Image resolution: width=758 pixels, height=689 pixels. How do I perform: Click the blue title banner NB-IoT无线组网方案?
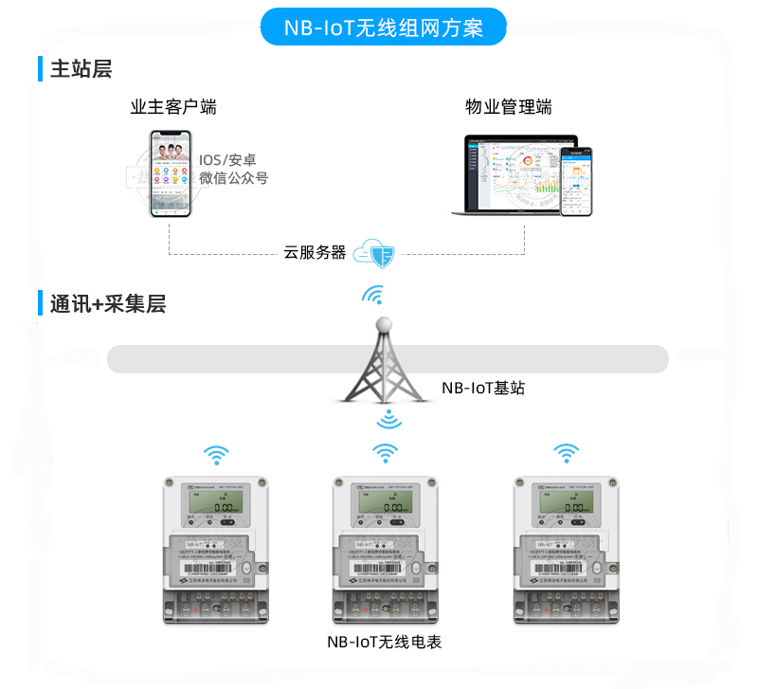384,27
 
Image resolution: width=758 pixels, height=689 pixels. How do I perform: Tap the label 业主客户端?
173,107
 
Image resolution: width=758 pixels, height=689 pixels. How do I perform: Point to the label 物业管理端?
509,107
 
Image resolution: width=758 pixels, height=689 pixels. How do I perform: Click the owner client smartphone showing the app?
171,174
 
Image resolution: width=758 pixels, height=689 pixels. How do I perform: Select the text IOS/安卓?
227,159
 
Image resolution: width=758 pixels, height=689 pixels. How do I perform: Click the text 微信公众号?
233,178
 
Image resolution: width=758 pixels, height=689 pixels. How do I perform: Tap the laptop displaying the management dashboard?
512,176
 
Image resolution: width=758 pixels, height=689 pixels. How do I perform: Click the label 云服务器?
315,253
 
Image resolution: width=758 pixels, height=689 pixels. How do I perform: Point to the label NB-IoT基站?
483,388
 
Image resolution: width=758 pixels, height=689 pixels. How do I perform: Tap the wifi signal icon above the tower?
374,296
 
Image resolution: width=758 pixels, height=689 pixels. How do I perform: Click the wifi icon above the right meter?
566,453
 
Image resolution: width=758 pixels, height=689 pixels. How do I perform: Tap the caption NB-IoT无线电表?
384,643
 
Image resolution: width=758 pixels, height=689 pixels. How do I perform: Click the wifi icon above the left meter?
217,455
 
